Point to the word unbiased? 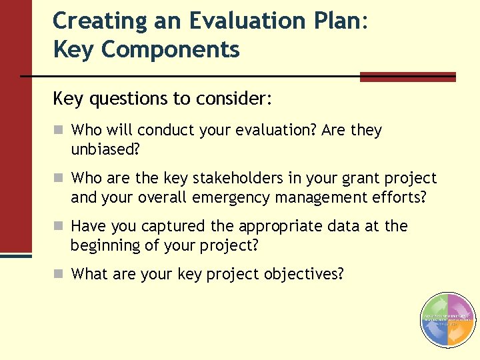coord(105,149)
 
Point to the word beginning coord(105,245)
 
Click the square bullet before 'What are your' coord(59,274)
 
